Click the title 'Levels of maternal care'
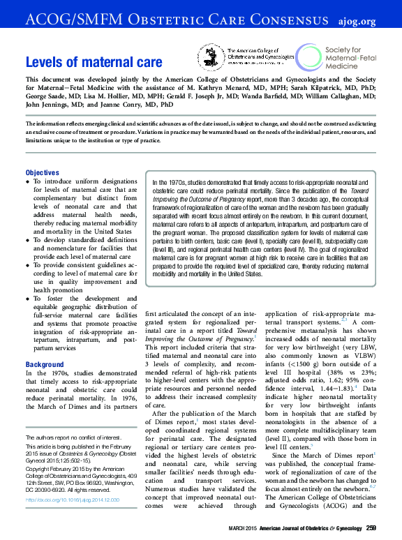click(x=94, y=62)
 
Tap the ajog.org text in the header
click(x=378, y=21)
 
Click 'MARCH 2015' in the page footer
click(x=246, y=527)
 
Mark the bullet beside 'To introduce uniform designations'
click(x=28, y=181)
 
